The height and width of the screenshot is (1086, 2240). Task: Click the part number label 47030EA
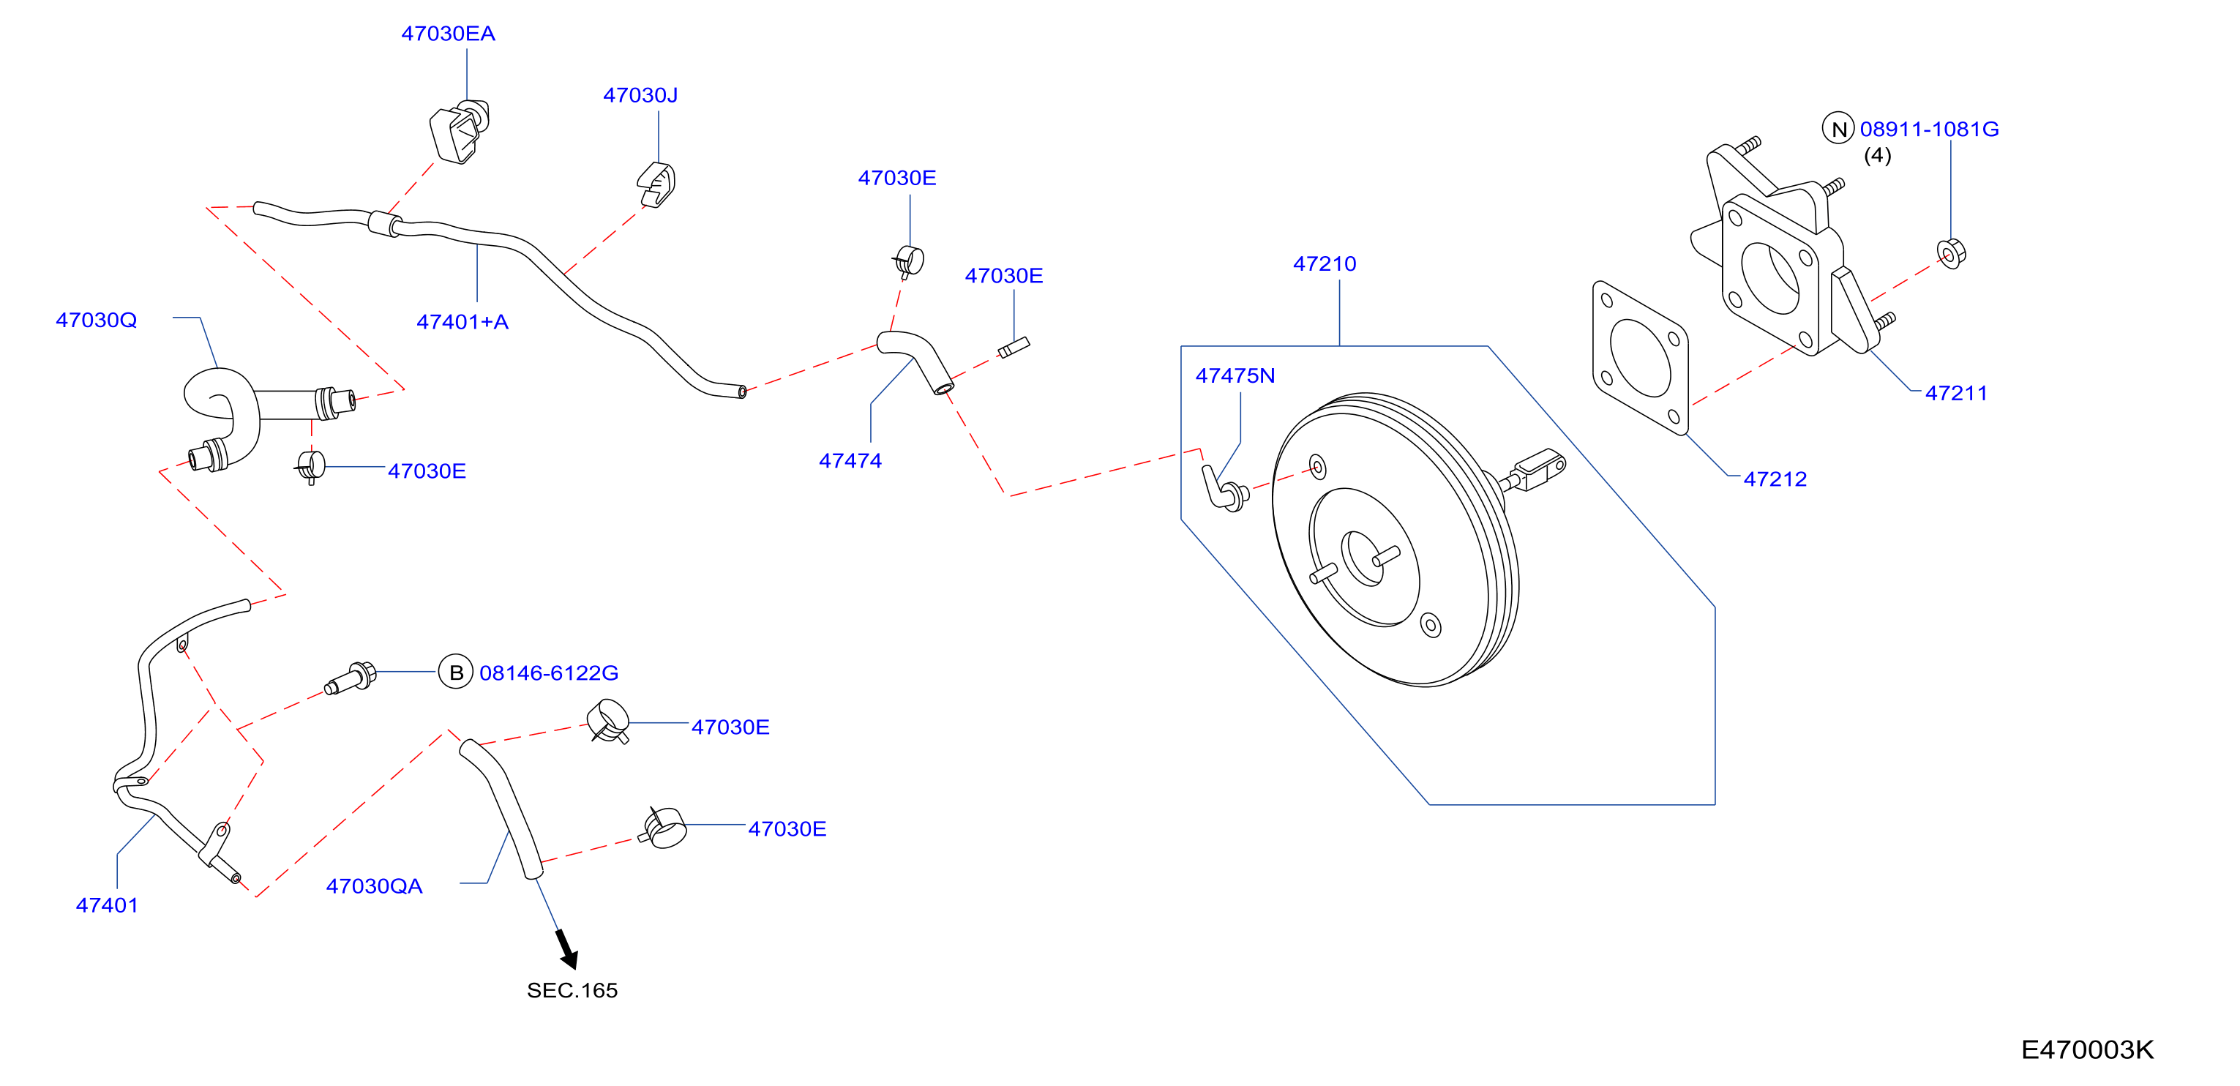tap(448, 34)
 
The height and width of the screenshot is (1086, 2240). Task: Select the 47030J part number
tap(640, 96)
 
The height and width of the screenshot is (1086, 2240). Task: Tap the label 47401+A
tap(462, 323)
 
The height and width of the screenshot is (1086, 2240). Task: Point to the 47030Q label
tap(97, 321)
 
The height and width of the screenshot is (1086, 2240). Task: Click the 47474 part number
tap(850, 462)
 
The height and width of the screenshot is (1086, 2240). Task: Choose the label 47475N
tap(1235, 376)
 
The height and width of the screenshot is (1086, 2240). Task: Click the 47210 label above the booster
tap(1325, 264)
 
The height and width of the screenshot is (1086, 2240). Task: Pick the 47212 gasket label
tap(1775, 480)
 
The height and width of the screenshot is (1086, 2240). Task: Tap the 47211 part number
tap(1957, 394)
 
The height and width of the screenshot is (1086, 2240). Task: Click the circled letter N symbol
tap(1838, 130)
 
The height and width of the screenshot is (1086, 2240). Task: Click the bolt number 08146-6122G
tap(549, 674)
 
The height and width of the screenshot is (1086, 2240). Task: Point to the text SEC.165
tap(572, 991)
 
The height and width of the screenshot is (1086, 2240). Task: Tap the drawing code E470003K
tap(2087, 1050)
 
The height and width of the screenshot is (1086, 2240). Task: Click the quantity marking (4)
tap(1877, 157)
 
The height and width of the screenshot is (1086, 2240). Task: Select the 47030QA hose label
tap(374, 887)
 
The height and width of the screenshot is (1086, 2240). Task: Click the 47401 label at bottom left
tap(107, 906)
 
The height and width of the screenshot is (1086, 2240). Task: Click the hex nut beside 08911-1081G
tap(1951, 253)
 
